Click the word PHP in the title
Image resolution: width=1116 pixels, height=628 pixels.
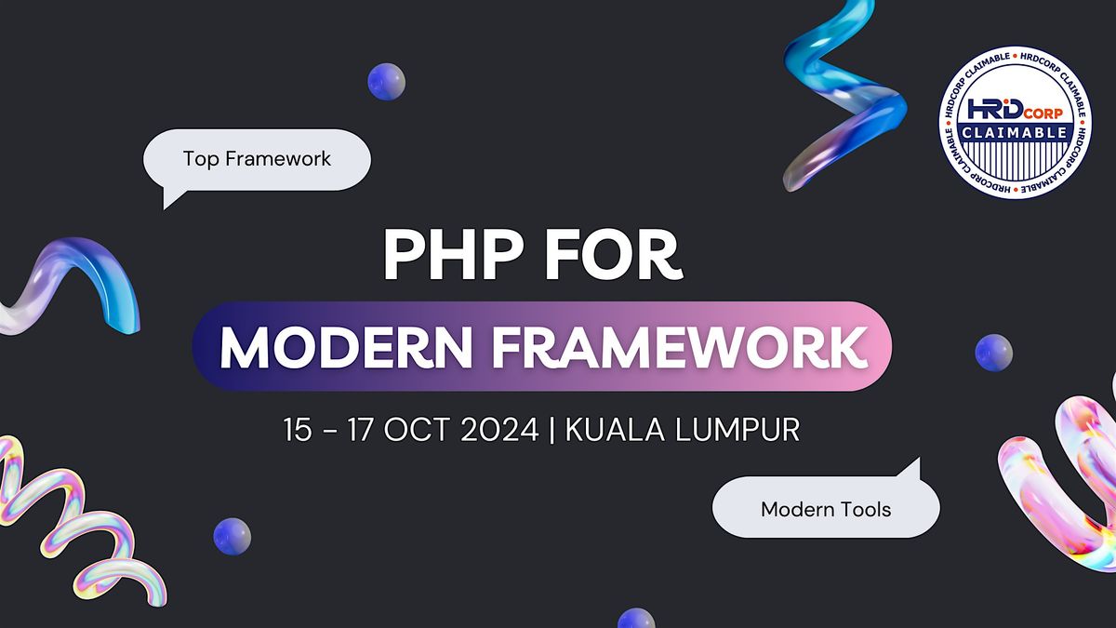pos(449,256)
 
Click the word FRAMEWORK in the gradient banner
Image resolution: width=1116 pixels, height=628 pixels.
pos(687,346)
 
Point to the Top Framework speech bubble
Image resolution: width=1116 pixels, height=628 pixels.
pos(258,159)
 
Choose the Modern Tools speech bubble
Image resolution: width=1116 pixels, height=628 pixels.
pos(826,509)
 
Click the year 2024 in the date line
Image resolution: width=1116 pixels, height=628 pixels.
pos(499,431)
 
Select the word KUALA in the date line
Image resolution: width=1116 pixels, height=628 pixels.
pos(612,431)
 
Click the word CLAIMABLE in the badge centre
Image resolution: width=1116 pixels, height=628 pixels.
pos(1016,133)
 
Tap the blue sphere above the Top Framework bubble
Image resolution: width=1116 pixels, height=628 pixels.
pos(386,82)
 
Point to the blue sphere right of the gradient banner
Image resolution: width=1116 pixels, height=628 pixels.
pos(993,353)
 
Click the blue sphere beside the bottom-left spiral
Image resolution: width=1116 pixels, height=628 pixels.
pos(232,536)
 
